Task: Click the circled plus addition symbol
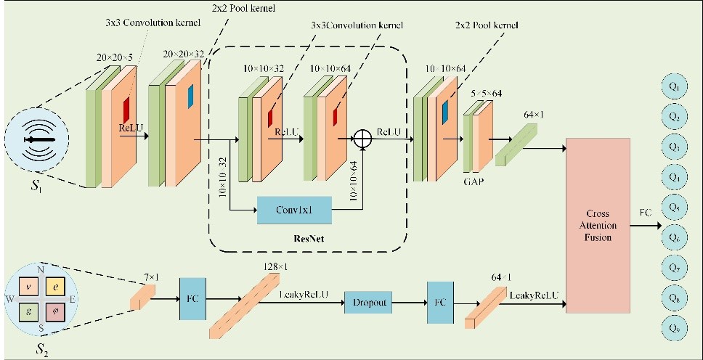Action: pos(361,140)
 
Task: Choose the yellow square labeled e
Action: pos(57,287)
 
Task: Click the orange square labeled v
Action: pos(28,287)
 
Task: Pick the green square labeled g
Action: pos(28,314)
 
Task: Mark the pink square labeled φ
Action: pos(57,314)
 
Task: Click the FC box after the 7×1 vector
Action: pos(194,298)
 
